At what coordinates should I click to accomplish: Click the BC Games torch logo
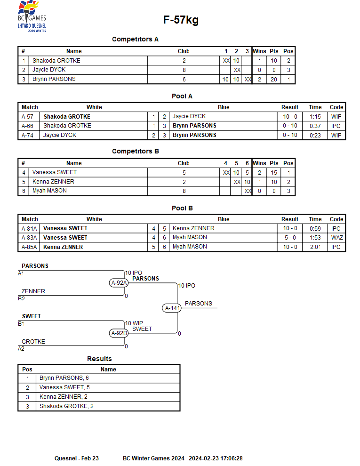pyautogui.click(x=32, y=16)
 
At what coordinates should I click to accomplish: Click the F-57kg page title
pyautogui.click(x=181, y=20)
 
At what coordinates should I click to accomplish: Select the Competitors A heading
pyautogui.click(x=135, y=39)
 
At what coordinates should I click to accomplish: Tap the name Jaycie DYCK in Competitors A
pyautogui.click(x=49, y=70)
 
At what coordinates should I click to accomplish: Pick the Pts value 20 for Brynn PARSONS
pyautogui.click(x=274, y=80)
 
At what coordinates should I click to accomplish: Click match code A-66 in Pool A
pyautogui.click(x=27, y=126)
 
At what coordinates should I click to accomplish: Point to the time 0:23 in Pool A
pyautogui.click(x=315, y=135)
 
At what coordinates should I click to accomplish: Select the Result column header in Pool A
pyautogui.click(x=289, y=107)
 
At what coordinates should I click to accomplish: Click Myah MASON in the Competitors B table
pyautogui.click(x=49, y=191)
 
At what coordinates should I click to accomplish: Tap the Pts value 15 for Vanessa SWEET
pyautogui.click(x=274, y=173)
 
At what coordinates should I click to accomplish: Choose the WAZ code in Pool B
pyautogui.click(x=337, y=237)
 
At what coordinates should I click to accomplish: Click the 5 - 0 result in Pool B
pyautogui.click(x=290, y=237)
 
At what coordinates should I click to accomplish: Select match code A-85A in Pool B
pyautogui.click(x=29, y=247)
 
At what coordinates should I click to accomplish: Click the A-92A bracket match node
pyautogui.click(x=119, y=282)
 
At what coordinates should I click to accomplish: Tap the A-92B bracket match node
pyautogui.click(x=119, y=333)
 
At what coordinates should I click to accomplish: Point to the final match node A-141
pyautogui.click(x=172, y=308)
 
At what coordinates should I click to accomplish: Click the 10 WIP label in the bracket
pyautogui.click(x=134, y=323)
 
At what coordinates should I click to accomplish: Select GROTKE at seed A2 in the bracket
pyautogui.click(x=33, y=341)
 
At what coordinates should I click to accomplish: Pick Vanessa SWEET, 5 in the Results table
pyautogui.click(x=64, y=387)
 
